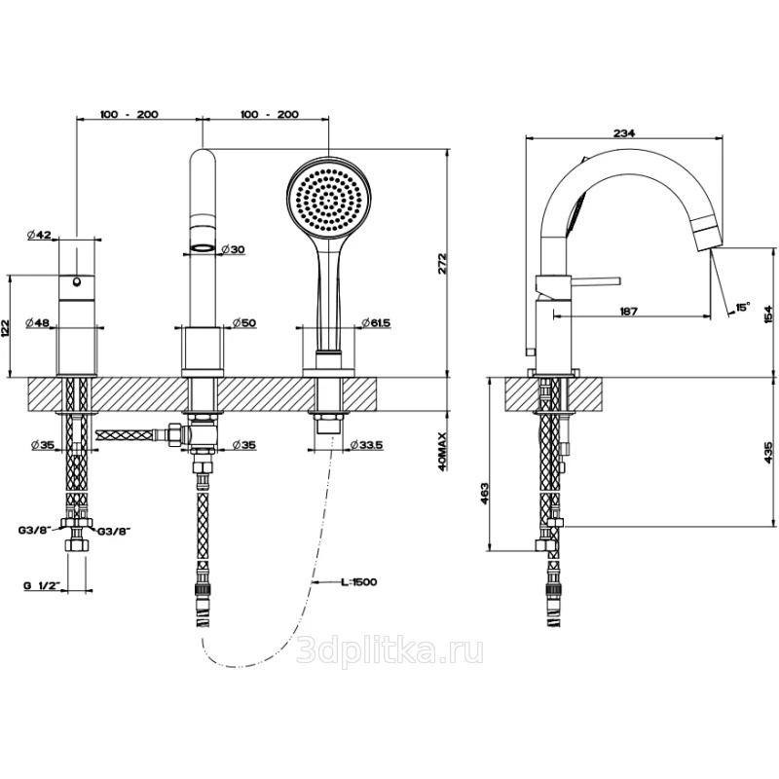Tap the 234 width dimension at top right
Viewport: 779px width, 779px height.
[626, 123]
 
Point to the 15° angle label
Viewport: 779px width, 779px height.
[743, 307]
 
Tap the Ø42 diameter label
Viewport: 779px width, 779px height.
[41, 234]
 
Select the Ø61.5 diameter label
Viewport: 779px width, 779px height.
[374, 322]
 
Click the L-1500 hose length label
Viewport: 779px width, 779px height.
[358, 581]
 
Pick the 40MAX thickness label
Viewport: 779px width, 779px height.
[442, 454]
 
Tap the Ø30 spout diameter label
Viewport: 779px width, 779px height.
[234, 249]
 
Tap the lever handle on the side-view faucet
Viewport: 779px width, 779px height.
[594, 282]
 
